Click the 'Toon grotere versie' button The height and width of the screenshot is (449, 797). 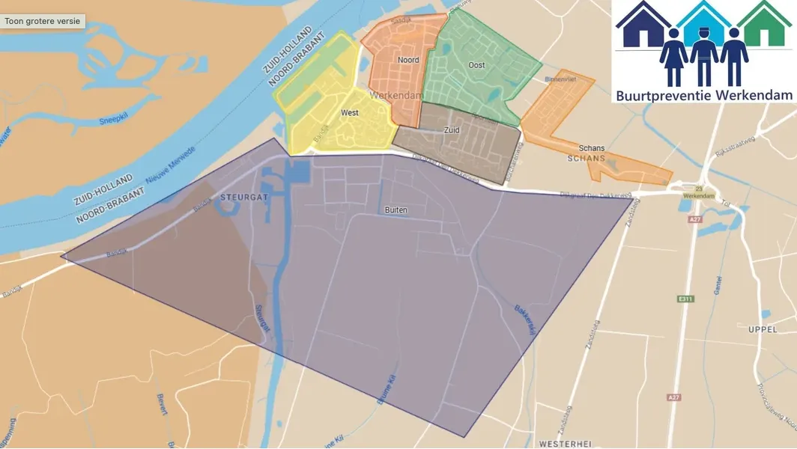[43, 21]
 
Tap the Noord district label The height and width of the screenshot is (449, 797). [408, 60]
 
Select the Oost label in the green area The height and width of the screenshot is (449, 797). [476, 65]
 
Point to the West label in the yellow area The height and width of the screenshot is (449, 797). [349, 113]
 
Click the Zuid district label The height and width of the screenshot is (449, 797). [452, 130]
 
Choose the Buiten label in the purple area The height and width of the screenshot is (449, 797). [396, 210]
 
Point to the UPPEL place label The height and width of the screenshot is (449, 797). [763, 329]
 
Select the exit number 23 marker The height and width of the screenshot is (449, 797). [700, 189]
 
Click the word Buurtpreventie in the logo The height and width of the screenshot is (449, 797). [662, 95]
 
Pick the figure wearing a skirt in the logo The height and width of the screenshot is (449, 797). [673, 58]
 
